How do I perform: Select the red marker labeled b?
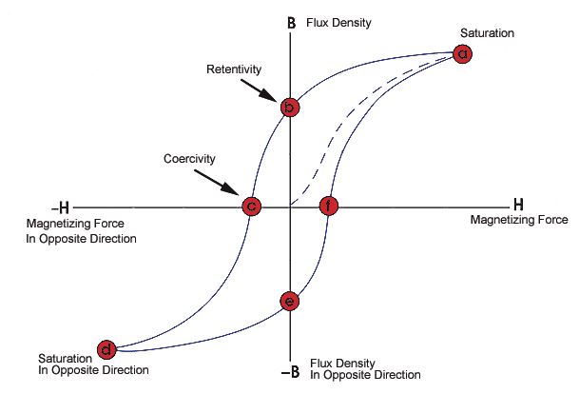(290, 108)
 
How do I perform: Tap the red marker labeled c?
(250, 206)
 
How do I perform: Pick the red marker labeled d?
(107, 348)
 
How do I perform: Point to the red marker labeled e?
(290, 303)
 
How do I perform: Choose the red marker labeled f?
(328, 206)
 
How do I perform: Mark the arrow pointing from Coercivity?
(222, 177)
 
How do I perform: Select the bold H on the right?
(519, 204)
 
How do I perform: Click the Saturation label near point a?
(487, 33)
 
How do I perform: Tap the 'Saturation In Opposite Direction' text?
(93, 364)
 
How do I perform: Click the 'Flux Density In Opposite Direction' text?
(366, 369)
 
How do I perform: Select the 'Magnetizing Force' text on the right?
(519, 221)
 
